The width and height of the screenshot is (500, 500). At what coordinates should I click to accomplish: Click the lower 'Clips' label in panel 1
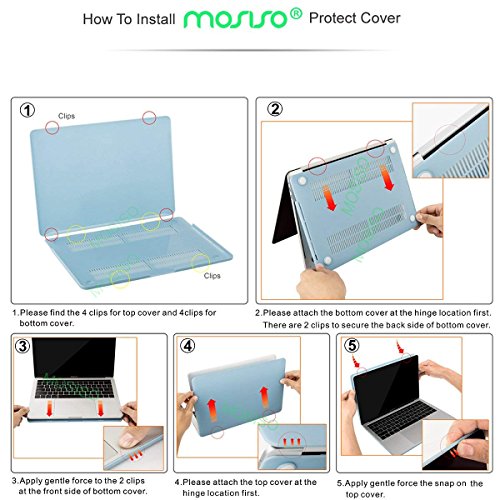point(213,274)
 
